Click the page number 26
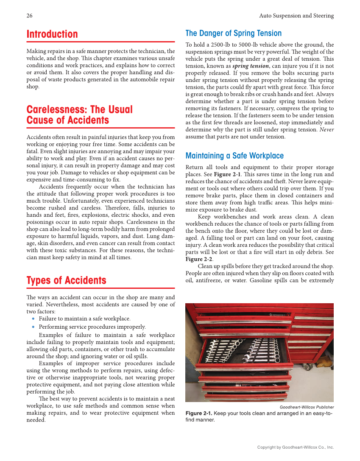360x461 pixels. (x=29, y=16)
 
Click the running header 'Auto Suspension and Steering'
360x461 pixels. (x=296, y=16)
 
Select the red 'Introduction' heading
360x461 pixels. (x=52, y=34)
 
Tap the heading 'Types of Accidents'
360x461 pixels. (x=66, y=281)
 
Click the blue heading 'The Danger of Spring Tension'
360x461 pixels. (x=233, y=34)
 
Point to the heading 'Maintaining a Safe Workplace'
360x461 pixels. (x=234, y=156)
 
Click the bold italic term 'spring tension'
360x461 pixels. (x=251, y=66)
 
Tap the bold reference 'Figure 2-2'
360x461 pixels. (x=199, y=259)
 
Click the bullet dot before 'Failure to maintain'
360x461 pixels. (x=34, y=319)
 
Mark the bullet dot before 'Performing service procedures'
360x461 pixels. (x=34, y=327)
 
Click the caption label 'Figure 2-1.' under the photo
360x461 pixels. (x=199, y=414)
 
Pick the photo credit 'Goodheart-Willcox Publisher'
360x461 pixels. (x=307, y=407)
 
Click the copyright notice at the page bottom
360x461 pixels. (x=296, y=447)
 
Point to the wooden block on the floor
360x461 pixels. (x=325, y=363)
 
